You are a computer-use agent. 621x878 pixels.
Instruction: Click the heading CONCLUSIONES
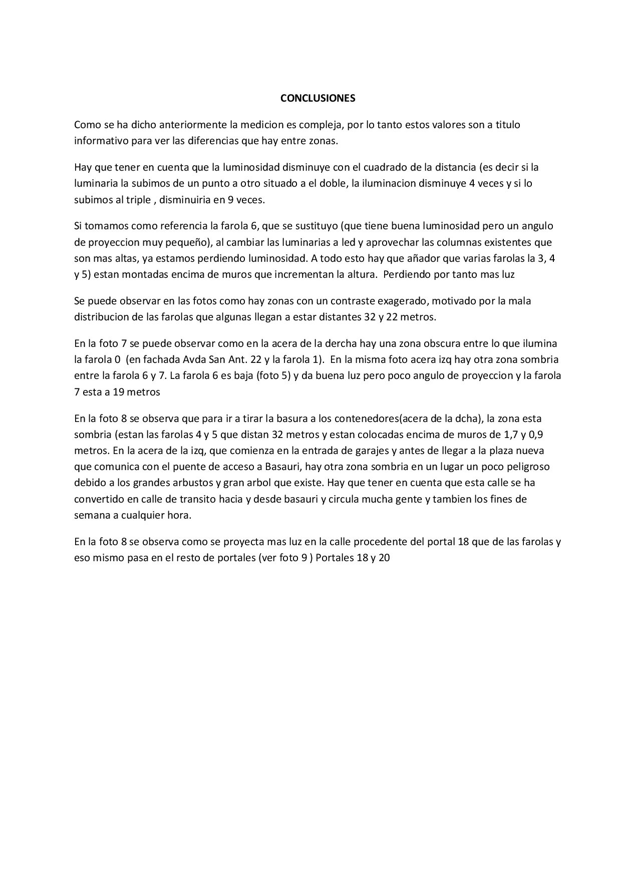[318, 98]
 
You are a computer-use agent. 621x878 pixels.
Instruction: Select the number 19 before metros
[119, 392]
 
